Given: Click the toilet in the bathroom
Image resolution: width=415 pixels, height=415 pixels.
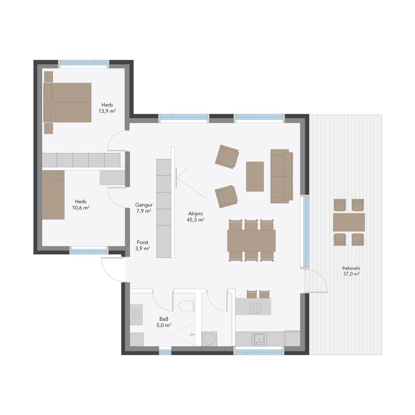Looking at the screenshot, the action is tap(187, 306).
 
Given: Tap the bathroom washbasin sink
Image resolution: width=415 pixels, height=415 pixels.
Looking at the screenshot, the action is tap(136, 314).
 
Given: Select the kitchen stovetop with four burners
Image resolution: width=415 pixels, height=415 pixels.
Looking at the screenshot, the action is tap(256, 308).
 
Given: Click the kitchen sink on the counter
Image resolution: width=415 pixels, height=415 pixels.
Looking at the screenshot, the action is tap(258, 339).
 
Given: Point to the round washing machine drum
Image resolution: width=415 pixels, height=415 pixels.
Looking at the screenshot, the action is tap(209, 339).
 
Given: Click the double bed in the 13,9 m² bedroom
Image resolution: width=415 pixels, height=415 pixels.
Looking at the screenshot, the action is tap(67, 102).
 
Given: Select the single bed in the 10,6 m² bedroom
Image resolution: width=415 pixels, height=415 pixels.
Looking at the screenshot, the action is tap(53, 195).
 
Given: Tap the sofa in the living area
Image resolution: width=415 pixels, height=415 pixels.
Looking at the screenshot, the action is tap(281, 176).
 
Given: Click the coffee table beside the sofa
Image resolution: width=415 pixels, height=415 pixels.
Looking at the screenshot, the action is tap(255, 177).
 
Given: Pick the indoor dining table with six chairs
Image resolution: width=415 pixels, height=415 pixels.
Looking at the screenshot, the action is tap(251, 240).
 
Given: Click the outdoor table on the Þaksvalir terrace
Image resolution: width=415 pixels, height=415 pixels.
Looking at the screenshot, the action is tap(349, 222).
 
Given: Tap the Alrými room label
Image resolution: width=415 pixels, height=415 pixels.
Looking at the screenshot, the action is tap(196, 213).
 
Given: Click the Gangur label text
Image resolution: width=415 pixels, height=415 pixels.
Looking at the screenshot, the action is tap(144, 204).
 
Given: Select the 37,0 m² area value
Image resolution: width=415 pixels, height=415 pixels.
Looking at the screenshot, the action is tap(351, 274).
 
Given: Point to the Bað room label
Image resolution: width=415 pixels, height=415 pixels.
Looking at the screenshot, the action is tap(164, 319).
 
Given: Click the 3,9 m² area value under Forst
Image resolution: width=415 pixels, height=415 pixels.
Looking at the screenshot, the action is tap(142, 248).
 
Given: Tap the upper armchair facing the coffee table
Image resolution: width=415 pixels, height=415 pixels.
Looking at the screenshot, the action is tap(227, 157).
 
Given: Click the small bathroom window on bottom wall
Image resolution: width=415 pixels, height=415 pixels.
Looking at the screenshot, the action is tap(165, 352).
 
